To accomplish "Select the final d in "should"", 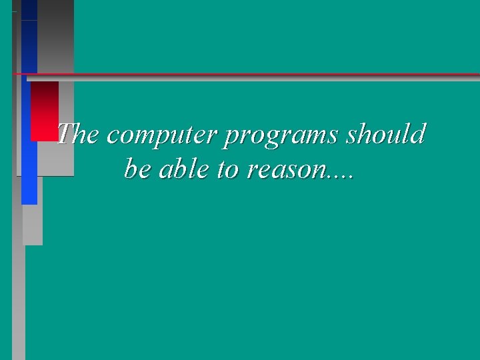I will [418, 135].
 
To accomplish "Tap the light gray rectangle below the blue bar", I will [33, 225].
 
